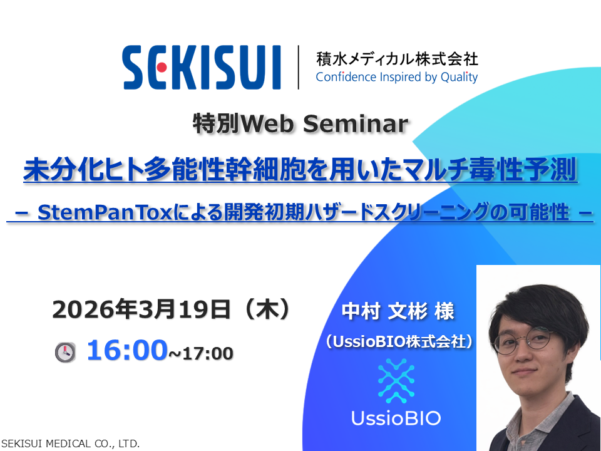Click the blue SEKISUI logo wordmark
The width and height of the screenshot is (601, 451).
pos(202,68)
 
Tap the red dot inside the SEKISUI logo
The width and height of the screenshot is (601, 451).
pos(162,68)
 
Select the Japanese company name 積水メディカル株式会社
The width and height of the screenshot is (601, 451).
pos(397,59)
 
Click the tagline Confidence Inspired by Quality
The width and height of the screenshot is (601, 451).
pos(397,77)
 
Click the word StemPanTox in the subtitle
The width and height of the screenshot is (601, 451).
pos(105,212)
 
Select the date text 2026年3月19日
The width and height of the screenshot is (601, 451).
pos(141,309)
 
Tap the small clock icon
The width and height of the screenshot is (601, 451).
pos(65,352)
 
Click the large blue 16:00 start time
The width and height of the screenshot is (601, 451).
pos(127,350)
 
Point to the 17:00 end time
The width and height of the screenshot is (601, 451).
pos(208,353)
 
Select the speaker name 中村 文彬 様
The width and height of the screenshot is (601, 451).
pos(398,311)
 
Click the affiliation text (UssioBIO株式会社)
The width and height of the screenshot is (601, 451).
pos(399,341)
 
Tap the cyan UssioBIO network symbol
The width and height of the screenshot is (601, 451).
pos(396,381)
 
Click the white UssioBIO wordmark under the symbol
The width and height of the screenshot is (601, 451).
pos(396,418)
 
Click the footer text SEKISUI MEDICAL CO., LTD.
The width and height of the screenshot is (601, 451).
pos(70,443)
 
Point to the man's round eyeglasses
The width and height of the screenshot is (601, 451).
pos(523,340)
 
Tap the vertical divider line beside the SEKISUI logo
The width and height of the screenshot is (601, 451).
pos(298,67)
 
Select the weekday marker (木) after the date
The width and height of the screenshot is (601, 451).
pos(267,309)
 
